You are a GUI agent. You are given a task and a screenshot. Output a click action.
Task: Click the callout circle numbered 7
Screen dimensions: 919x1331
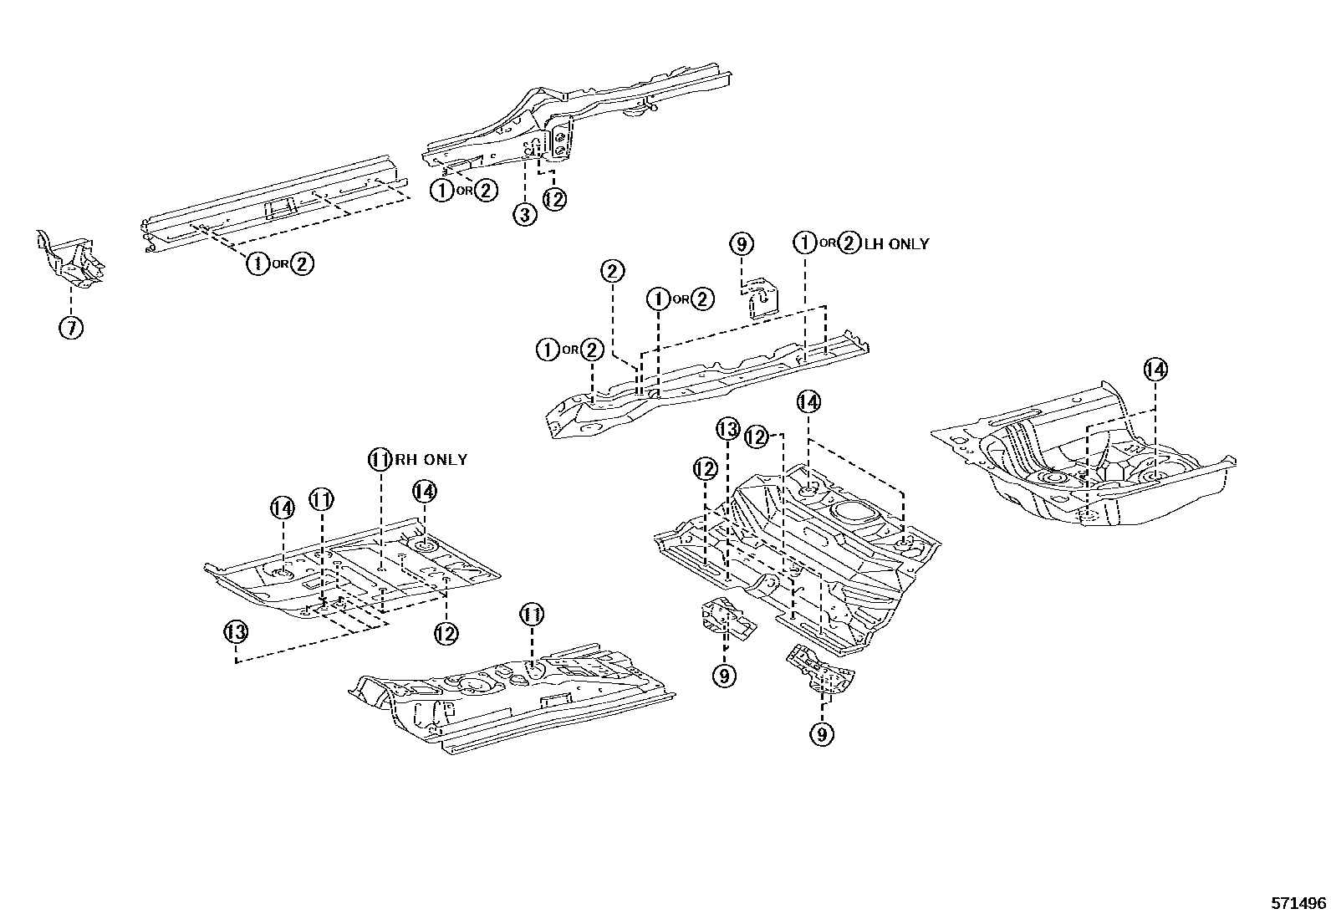(71, 328)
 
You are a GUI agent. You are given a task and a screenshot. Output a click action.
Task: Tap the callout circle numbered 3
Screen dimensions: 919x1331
(524, 214)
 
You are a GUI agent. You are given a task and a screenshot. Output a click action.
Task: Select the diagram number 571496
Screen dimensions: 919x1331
(1298, 903)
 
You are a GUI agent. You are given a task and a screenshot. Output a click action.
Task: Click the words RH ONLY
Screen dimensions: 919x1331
(431, 459)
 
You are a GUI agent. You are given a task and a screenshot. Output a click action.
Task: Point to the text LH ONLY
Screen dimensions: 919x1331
(896, 243)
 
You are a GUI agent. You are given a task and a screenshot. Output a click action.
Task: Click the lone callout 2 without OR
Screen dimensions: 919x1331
(612, 271)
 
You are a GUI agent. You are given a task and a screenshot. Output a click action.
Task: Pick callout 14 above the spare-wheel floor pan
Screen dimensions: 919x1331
(1155, 369)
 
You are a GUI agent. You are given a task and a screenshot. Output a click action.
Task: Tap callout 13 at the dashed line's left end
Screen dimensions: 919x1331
(236, 631)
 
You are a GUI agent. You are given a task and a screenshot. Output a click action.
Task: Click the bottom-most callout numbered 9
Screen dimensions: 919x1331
(822, 734)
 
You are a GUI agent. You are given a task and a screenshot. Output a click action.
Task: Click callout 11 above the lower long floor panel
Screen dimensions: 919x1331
(532, 615)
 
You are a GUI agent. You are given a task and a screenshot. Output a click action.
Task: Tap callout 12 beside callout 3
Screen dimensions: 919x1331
(554, 199)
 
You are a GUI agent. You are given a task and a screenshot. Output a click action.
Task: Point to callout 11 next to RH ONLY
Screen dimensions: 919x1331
(380, 459)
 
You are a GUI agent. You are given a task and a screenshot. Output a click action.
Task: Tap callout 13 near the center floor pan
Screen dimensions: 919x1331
(727, 431)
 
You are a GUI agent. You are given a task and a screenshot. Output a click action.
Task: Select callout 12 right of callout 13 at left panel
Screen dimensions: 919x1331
(446, 634)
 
